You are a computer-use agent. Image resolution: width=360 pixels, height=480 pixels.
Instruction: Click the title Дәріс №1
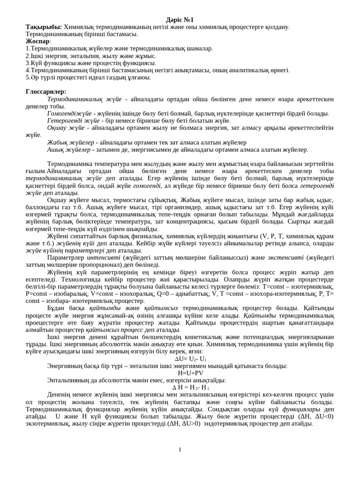click(180, 20)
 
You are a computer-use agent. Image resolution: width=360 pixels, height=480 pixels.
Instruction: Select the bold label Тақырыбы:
click(44, 27)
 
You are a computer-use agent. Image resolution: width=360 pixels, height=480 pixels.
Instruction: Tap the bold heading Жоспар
click(37, 41)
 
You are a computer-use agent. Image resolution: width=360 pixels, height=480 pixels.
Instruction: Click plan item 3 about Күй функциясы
click(90, 63)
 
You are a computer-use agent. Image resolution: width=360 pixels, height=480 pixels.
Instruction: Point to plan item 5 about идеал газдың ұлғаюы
click(88, 77)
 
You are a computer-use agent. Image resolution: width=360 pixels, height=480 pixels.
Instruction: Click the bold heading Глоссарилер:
click(46, 91)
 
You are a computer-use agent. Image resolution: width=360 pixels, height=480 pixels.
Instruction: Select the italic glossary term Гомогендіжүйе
click(69, 113)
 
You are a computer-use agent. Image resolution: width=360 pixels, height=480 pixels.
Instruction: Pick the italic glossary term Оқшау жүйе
click(66, 127)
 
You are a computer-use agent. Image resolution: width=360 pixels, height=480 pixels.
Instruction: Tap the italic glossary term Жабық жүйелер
click(70, 142)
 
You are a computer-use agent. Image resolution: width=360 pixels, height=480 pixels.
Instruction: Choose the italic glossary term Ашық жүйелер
click(69, 150)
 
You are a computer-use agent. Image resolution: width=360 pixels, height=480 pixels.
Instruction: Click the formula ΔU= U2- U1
click(190, 359)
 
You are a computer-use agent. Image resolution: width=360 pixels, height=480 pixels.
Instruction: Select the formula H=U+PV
click(190, 373)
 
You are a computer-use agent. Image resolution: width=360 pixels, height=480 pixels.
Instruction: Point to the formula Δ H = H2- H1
click(190, 388)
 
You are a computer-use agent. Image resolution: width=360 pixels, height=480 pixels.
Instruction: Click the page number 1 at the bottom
click(180, 450)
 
